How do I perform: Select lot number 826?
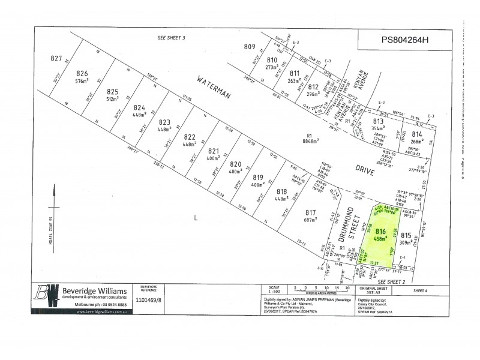tap(82, 74)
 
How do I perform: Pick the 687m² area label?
tap(310, 220)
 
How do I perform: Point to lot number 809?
tap(250, 47)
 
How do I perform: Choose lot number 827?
tap(56, 58)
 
